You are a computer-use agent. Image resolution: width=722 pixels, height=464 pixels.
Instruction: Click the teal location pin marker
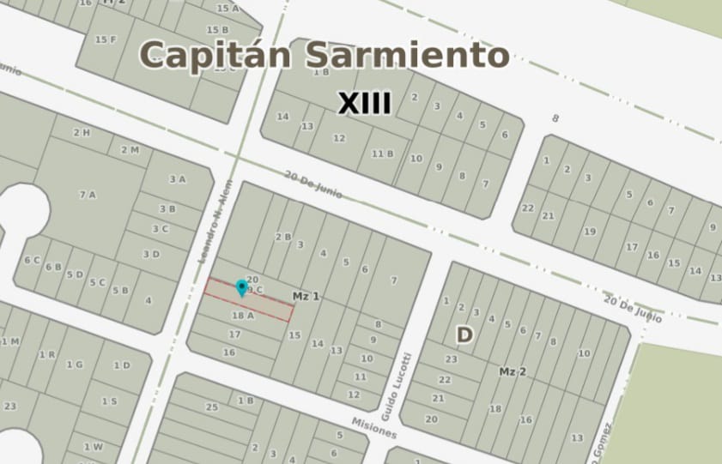click(242, 287)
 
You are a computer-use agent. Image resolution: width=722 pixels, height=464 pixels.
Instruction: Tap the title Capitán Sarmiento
click(325, 55)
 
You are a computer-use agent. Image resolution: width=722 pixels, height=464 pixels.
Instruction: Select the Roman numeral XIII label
click(364, 105)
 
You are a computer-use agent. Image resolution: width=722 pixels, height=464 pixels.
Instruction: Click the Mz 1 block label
click(306, 296)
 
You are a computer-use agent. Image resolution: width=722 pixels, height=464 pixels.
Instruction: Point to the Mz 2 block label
click(513, 371)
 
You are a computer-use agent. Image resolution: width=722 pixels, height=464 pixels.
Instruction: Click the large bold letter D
click(464, 335)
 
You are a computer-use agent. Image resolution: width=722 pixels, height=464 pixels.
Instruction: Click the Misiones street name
click(374, 426)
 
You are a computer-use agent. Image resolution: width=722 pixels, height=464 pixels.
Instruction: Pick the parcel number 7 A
click(88, 195)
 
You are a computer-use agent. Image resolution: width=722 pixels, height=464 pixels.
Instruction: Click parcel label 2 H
click(82, 132)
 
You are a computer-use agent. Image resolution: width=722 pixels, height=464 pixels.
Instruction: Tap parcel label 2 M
click(130, 150)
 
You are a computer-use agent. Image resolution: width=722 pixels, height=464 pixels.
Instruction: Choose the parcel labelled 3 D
click(151, 254)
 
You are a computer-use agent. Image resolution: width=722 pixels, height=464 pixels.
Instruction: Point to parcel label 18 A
click(243, 316)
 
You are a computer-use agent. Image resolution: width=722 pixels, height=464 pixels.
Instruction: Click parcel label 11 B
click(383, 154)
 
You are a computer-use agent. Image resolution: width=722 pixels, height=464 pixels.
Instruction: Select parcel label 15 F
click(106, 39)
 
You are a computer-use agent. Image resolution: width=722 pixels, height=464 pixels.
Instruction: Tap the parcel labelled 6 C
click(33, 260)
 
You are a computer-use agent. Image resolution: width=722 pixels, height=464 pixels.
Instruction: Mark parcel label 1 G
click(75, 365)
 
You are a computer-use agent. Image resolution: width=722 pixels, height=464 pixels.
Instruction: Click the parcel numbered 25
click(211, 406)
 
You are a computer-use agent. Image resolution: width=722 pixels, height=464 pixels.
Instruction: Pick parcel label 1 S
click(109, 401)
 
